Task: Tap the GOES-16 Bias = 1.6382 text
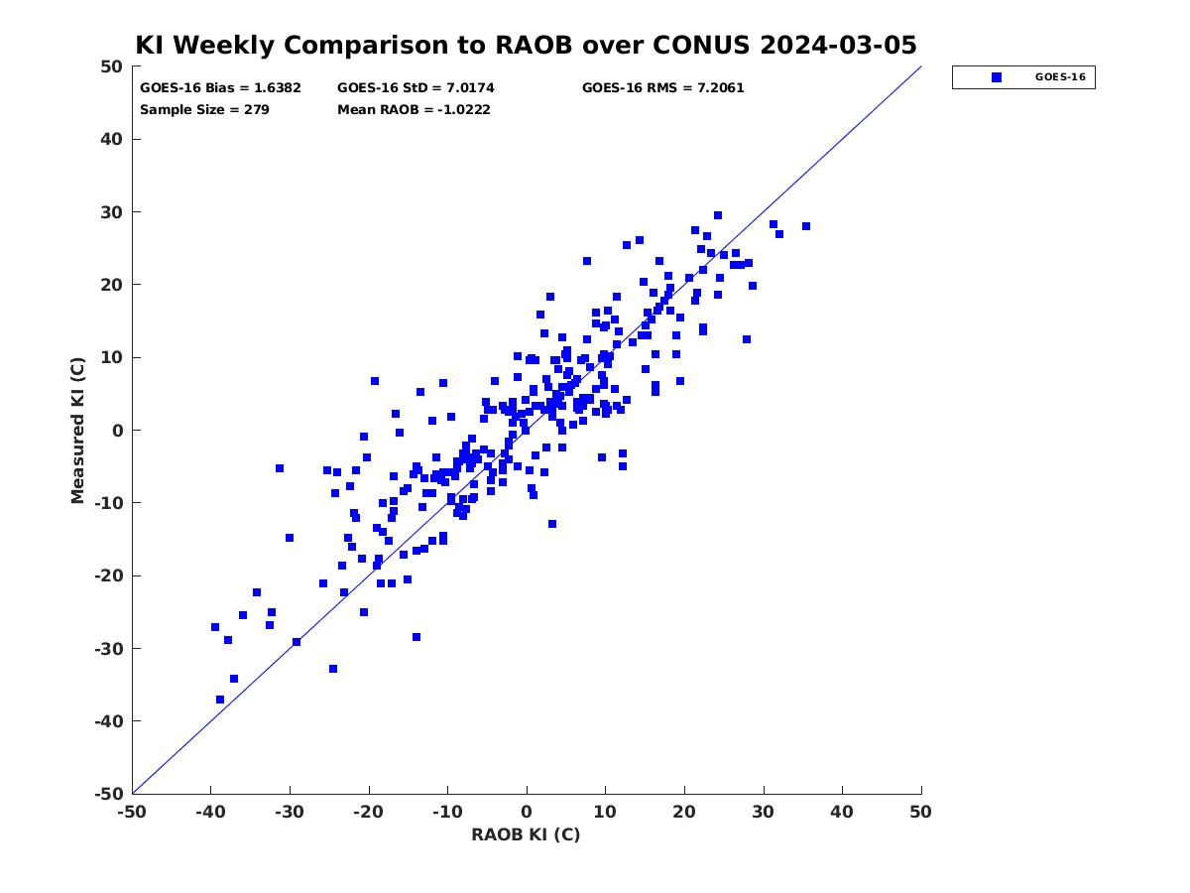click(x=220, y=88)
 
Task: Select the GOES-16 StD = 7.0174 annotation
click(x=416, y=88)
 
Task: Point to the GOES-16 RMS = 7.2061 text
click(x=662, y=88)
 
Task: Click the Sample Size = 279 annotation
click(x=204, y=109)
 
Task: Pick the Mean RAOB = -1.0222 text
click(x=414, y=109)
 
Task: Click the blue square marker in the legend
click(x=996, y=77)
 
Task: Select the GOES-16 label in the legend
click(x=1060, y=77)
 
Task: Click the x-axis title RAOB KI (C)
click(x=526, y=834)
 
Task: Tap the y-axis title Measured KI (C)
click(x=77, y=430)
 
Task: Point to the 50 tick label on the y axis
click(x=112, y=66)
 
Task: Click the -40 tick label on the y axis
click(x=109, y=721)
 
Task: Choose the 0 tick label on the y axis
click(x=118, y=431)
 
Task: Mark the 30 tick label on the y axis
click(x=112, y=212)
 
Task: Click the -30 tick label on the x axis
click(x=290, y=812)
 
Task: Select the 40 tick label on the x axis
click(x=842, y=812)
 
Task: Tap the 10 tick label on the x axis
click(x=605, y=812)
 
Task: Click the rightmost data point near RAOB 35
click(x=805, y=226)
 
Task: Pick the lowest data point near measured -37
click(x=219, y=700)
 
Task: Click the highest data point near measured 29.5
click(x=717, y=215)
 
